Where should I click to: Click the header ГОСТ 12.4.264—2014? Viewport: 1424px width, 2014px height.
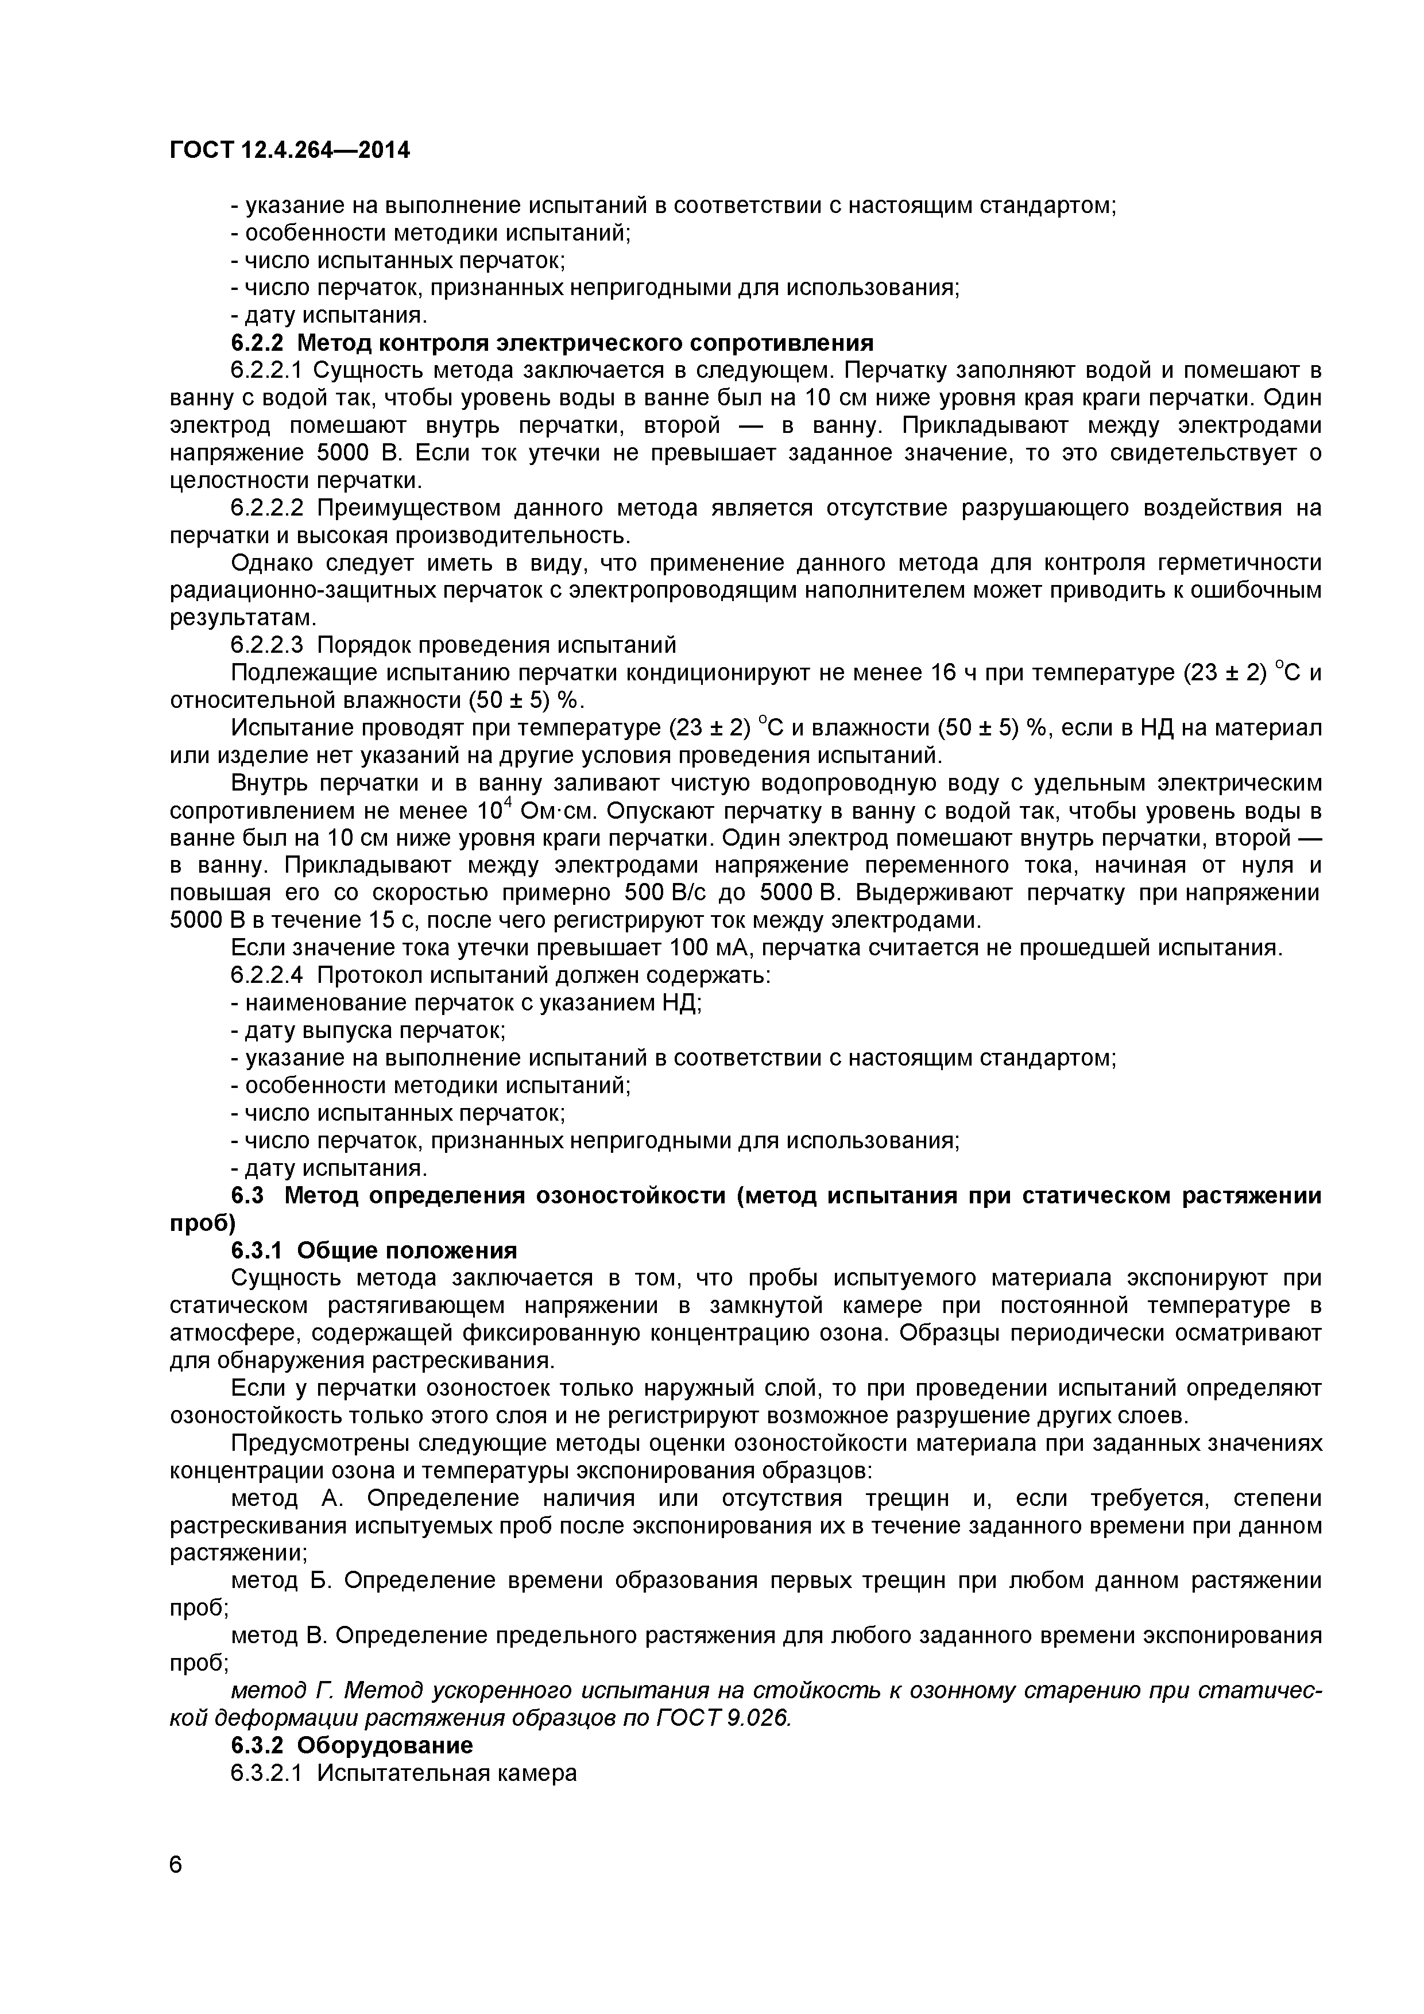pyautogui.click(x=289, y=151)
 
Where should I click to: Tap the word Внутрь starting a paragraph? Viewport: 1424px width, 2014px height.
pyautogui.click(x=268, y=783)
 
